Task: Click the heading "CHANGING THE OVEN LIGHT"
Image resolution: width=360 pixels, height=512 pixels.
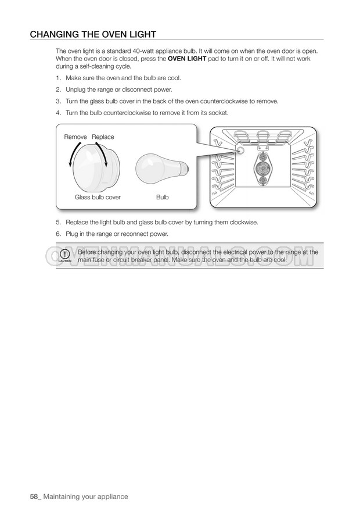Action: click(x=93, y=34)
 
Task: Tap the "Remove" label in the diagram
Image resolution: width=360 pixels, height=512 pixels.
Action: click(x=75, y=137)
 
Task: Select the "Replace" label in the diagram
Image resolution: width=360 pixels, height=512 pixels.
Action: click(x=103, y=137)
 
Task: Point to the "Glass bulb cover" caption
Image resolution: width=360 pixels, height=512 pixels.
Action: click(x=98, y=198)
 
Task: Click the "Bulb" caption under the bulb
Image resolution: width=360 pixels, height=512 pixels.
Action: click(x=163, y=198)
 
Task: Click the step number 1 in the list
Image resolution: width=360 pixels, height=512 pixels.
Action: click(x=58, y=78)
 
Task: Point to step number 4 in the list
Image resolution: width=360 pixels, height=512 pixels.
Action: click(x=58, y=113)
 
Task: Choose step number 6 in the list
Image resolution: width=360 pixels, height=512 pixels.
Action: click(x=58, y=234)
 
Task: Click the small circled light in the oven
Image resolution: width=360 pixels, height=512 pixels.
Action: click(x=240, y=150)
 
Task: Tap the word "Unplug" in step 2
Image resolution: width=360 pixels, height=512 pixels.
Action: click(x=75, y=89)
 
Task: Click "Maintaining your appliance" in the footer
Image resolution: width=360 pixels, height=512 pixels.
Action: click(x=85, y=497)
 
